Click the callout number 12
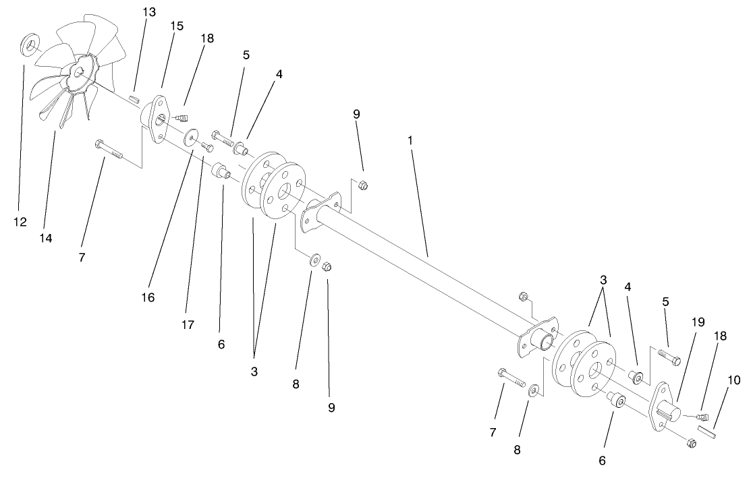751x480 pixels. tap(20, 221)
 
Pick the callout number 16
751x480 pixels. tap(148, 297)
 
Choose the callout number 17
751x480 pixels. tap(188, 324)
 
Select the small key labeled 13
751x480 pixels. tap(134, 98)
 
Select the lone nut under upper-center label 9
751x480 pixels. tap(362, 185)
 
